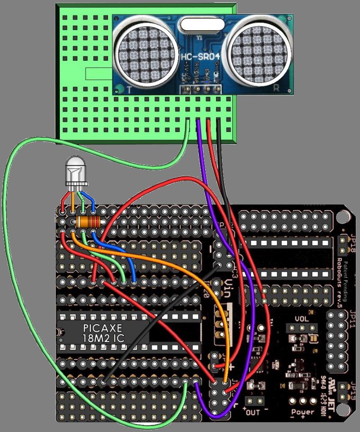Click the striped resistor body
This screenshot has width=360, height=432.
coord(89,222)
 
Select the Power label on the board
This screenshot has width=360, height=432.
coord(302,412)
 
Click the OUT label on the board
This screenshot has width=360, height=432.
coord(253,411)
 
